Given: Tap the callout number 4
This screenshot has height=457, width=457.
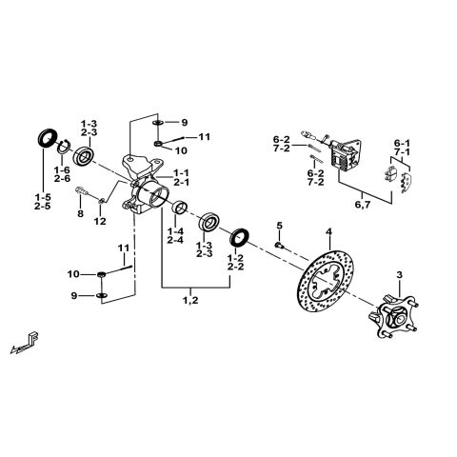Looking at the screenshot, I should tap(328, 231).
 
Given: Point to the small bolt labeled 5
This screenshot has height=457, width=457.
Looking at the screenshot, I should tap(279, 246).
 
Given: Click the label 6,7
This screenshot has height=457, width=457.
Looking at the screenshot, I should tap(363, 203).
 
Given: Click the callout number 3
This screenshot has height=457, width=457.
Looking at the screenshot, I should tap(400, 274).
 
